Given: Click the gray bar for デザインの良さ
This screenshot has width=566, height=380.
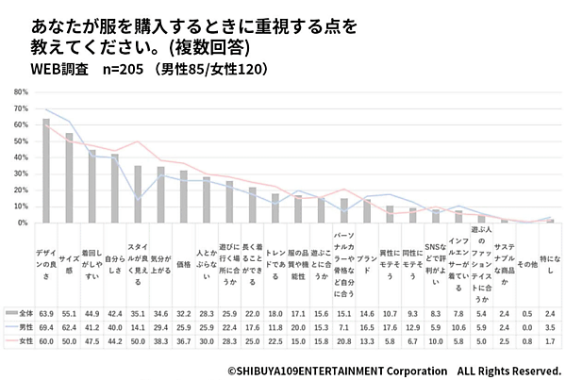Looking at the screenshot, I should tap(46, 171).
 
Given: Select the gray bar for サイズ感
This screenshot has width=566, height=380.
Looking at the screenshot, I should tap(69, 178).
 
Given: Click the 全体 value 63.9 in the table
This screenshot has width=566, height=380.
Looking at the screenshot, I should tap(46, 312).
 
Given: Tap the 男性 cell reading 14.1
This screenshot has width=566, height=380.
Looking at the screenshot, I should tap(138, 326).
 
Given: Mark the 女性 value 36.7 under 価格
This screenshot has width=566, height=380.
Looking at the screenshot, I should tap(184, 340).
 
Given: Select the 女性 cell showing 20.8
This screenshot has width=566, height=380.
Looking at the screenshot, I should tap(344, 340).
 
